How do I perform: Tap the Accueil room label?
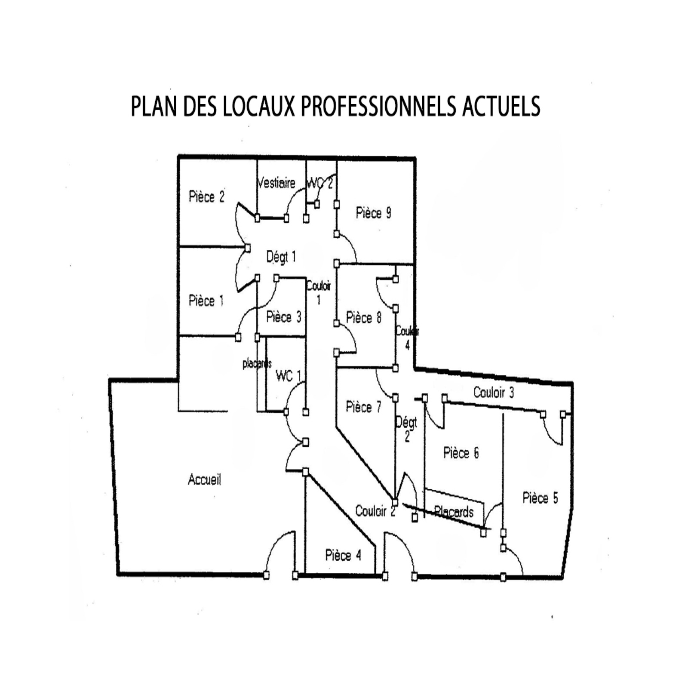coord(205,479)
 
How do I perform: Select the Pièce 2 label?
coord(207,197)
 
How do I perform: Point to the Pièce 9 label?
coord(374,213)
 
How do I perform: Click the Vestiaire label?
coord(276,183)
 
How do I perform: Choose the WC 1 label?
coord(288,376)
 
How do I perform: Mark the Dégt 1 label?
coord(281,257)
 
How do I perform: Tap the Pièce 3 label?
coord(284,317)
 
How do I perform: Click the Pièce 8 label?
coord(364,318)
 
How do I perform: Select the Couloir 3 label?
coord(494,392)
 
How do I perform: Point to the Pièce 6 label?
coord(461,453)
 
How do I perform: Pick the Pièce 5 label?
coord(540,498)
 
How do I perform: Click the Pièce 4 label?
coord(343,555)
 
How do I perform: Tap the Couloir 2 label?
coord(375,511)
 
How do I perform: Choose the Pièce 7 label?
coord(363,407)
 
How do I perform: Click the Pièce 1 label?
coord(206,301)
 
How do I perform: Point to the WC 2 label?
coord(319,184)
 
